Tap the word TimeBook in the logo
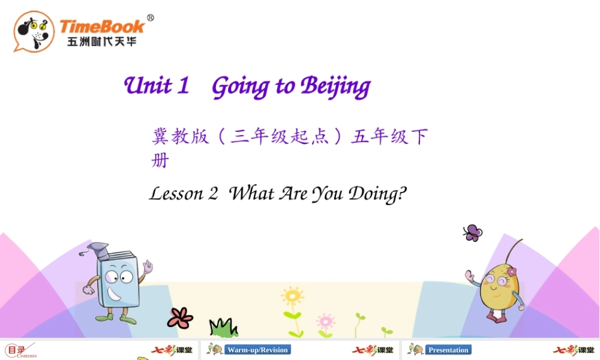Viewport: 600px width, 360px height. (x=102, y=26)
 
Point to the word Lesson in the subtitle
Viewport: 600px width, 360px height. (x=176, y=194)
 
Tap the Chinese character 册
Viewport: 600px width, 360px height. (x=160, y=161)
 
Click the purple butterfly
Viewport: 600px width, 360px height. (x=473, y=232)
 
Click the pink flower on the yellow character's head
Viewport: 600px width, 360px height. (x=511, y=272)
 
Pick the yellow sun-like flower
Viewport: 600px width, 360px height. (x=292, y=296)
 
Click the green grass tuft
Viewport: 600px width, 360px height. (x=223, y=328)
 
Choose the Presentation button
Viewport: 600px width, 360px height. (x=448, y=350)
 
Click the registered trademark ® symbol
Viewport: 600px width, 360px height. (x=150, y=18)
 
